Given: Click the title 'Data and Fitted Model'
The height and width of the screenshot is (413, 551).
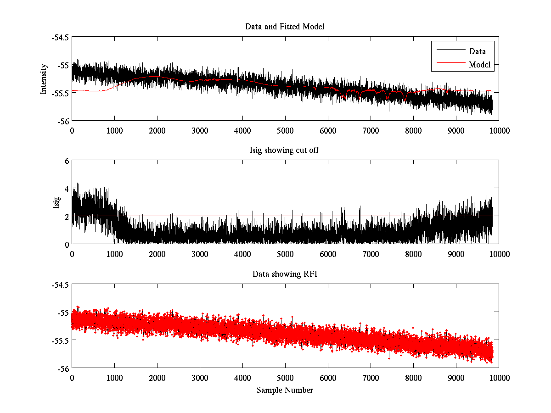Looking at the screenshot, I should click(285, 27).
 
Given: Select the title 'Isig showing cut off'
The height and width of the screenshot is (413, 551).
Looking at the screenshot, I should click(285, 151).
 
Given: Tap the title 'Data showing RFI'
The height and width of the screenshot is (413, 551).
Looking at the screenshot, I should click(285, 274).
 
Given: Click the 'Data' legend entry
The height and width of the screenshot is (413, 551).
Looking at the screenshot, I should click(477, 51).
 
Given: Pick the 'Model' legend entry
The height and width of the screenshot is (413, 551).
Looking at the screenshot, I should click(479, 65).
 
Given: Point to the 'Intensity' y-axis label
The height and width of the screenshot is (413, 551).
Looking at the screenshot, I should click(44, 79).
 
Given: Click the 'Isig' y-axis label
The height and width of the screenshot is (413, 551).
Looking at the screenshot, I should click(56, 202).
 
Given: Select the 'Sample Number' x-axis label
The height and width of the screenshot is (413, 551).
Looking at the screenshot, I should click(285, 390).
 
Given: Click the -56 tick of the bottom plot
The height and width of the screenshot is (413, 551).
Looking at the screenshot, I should click(63, 368).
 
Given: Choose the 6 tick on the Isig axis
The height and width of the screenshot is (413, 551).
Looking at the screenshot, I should click(67, 161).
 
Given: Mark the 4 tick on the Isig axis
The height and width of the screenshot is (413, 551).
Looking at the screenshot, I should click(67, 189).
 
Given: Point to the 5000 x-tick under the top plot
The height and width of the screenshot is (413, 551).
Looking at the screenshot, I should click(285, 130).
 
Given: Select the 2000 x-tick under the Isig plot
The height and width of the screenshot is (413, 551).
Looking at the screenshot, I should click(157, 254).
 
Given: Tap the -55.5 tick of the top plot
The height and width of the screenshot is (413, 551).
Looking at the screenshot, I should click(60, 93).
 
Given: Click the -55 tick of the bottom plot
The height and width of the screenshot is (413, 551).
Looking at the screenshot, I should click(63, 313).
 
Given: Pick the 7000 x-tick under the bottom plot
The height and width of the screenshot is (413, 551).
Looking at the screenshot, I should click(371, 378).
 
